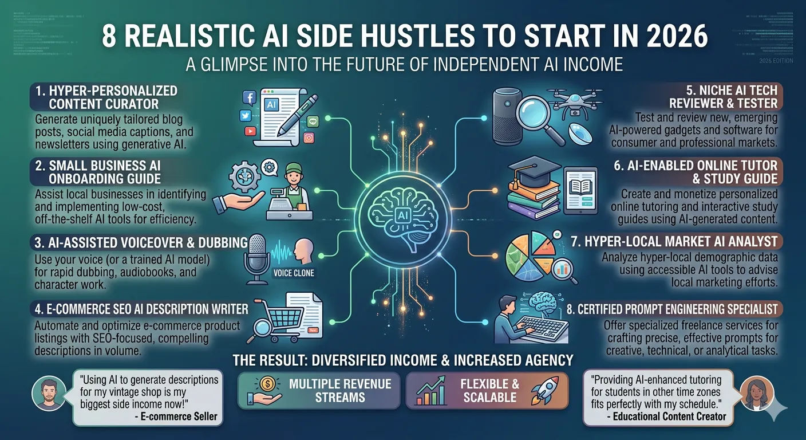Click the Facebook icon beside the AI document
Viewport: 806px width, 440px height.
pos(249,98)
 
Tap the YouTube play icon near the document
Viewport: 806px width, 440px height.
pos(250,131)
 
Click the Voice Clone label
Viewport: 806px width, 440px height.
pos(294,273)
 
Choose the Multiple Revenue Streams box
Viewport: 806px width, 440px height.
pos(318,390)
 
